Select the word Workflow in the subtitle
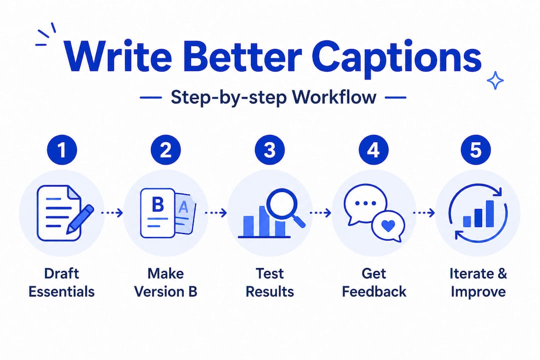coord(334,97)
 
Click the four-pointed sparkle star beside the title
coord(495,80)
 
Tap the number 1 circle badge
coord(62,150)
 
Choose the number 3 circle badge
coord(269,150)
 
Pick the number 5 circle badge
coord(475,150)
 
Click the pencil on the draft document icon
coord(80,218)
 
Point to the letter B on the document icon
coord(157,204)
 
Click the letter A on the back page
coord(183,207)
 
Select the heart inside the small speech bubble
coord(388,226)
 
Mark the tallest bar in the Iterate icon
coord(489,213)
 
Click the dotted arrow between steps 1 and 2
coord(112,213)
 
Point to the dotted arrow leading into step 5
coord(424,213)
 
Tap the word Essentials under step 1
coord(61,292)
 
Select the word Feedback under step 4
coord(374,292)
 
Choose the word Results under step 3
coord(269,292)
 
